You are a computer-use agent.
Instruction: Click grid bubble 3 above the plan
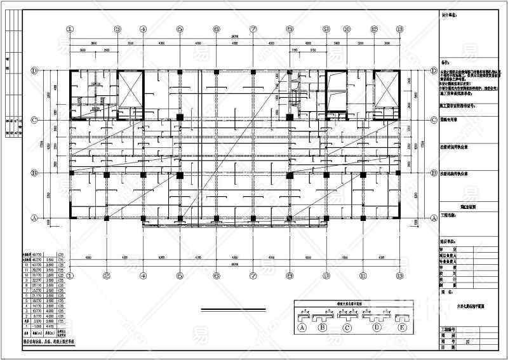coord(117,29)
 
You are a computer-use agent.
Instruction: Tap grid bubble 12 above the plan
coord(374,29)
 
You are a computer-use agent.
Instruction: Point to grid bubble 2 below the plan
coord(107,275)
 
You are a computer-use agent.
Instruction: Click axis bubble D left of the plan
coord(32,71)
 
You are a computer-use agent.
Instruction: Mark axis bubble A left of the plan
coord(32,218)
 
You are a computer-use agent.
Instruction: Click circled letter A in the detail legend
coord(303,328)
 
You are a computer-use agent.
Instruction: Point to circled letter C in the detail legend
coord(347,328)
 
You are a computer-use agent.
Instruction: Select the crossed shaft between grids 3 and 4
coord(131,90)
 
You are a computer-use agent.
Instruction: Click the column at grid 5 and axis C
coord(180,117)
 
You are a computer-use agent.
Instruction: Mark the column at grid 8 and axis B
coord(290,174)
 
